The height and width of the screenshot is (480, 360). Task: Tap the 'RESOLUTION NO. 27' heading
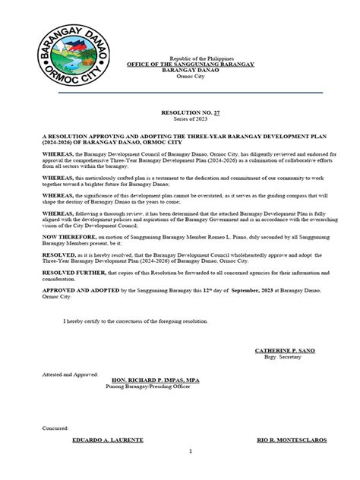pos(180,111)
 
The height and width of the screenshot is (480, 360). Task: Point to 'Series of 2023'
pos(180,117)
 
